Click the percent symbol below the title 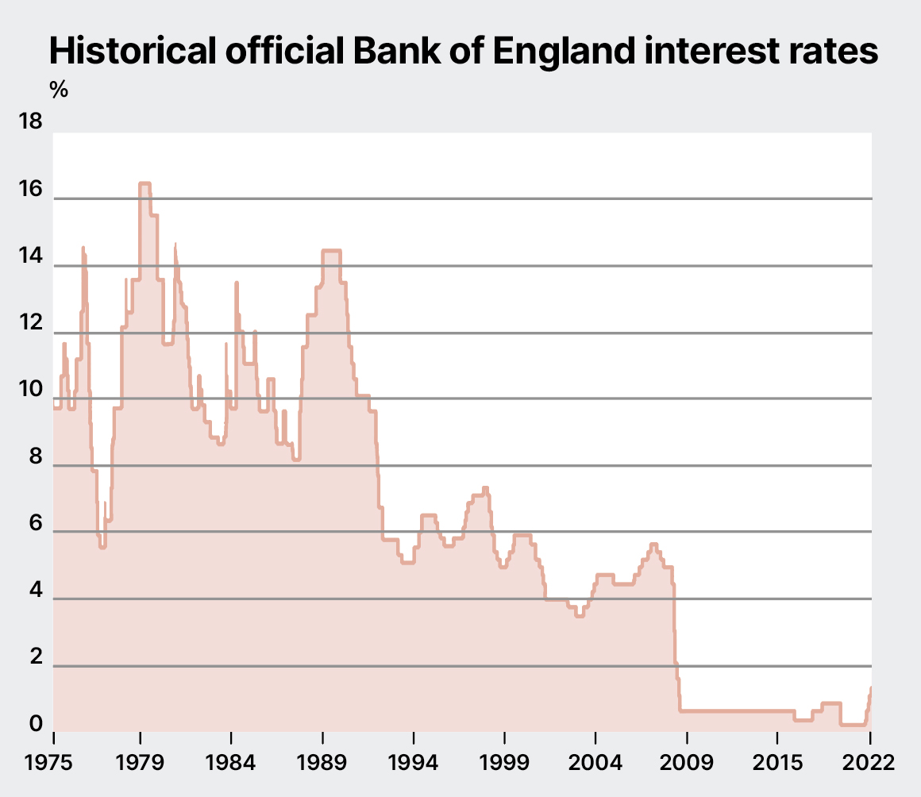coord(59,90)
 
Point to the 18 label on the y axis coord(30,123)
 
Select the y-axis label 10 coord(30,390)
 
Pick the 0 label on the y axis coord(35,724)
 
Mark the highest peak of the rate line coord(145,184)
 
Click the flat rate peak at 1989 coord(331,252)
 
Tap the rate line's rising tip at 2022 coord(870,688)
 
